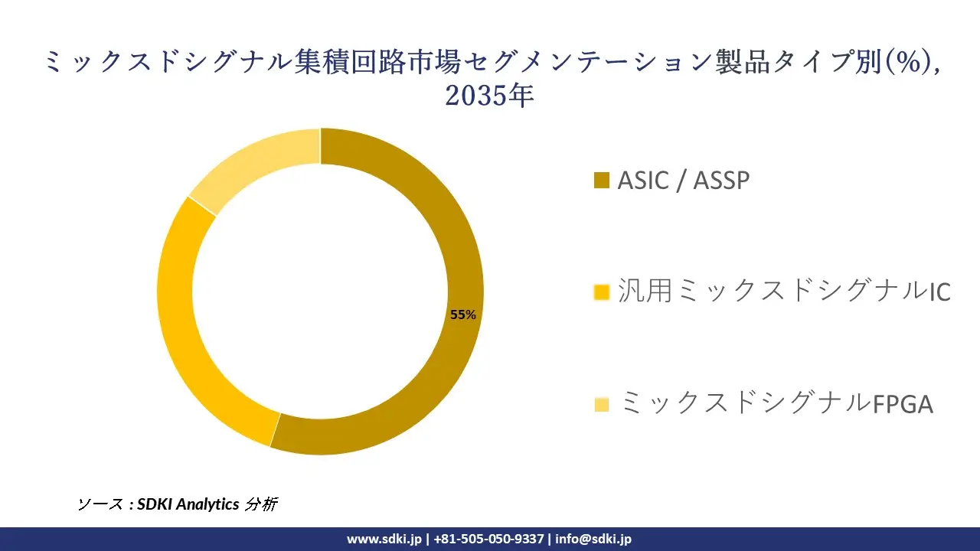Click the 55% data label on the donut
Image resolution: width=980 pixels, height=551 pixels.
pos(463,315)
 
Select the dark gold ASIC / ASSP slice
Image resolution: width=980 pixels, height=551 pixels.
pos(455,245)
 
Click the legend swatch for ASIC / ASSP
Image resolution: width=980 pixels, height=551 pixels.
pos(602,180)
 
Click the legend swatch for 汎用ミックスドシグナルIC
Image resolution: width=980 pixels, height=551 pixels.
pos(602,292)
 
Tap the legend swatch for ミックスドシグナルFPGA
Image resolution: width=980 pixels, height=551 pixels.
pos(602,404)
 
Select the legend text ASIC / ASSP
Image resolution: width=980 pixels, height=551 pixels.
pos(684,180)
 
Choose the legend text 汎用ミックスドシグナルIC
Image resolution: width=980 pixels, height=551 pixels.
pos(784,291)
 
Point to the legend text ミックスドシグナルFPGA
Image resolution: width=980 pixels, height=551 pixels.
pos(777,403)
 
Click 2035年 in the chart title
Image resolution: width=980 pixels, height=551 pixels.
pos(489,96)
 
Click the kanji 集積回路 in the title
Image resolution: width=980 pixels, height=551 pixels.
pos(351,61)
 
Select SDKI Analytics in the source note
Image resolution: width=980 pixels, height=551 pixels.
pos(188,504)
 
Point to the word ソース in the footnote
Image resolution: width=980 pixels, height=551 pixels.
pos(100,504)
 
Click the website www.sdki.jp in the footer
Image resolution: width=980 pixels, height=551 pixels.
pos(384,539)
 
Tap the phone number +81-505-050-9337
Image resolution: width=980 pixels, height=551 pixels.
pos(488,539)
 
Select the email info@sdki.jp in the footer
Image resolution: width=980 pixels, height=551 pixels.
pos(593,539)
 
